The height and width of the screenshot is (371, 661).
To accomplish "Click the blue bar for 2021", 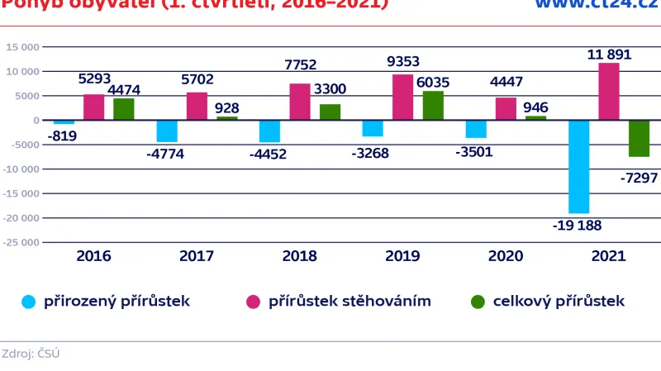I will pos(578,166).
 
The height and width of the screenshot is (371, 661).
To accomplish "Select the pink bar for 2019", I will pos(402,98).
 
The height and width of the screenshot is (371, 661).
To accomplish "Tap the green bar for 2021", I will pos(639,138).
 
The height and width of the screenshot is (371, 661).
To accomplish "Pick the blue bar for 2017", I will pos(167,131).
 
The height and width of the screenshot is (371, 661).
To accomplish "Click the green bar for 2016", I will pos(123,109).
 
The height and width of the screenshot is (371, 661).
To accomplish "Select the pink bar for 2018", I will pos(300,102).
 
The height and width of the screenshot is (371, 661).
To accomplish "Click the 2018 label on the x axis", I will pos(299,256).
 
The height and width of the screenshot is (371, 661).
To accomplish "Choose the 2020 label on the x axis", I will pos(505,256).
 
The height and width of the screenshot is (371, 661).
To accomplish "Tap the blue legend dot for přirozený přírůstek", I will pos(28,302).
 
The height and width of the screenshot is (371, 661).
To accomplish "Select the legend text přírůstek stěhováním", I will pos(350,302).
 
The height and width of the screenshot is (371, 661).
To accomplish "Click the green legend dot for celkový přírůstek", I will pos(478,302).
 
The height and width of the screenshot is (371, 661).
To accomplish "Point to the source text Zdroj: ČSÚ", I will pos(31,354).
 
